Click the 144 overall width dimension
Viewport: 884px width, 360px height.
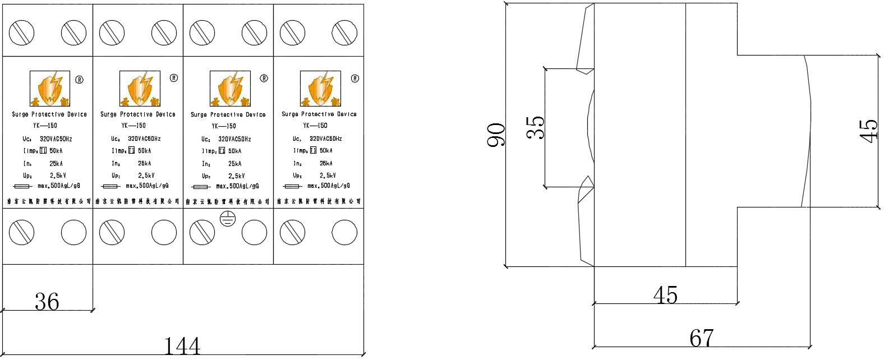(182, 345)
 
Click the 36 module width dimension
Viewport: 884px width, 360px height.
(47, 302)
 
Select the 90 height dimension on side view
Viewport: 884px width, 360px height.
(496, 135)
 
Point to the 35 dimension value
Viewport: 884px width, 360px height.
(536, 127)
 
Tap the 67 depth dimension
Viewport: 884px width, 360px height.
(701, 338)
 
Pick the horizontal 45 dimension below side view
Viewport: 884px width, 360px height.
(666, 294)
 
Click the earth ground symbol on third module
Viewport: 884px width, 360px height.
(227, 219)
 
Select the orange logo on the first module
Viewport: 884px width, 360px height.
(49, 89)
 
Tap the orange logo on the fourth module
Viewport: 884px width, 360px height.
(320, 89)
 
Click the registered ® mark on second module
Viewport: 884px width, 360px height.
(173, 78)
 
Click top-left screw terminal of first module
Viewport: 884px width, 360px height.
(21, 33)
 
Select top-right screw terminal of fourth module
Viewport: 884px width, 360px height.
(344, 33)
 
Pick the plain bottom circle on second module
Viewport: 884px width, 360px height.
(164, 232)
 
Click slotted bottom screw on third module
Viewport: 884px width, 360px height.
(201, 232)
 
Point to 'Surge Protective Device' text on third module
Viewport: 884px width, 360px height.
(228, 114)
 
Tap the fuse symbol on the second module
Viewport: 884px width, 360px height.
(109, 187)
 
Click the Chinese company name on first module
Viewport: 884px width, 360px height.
(48, 200)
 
